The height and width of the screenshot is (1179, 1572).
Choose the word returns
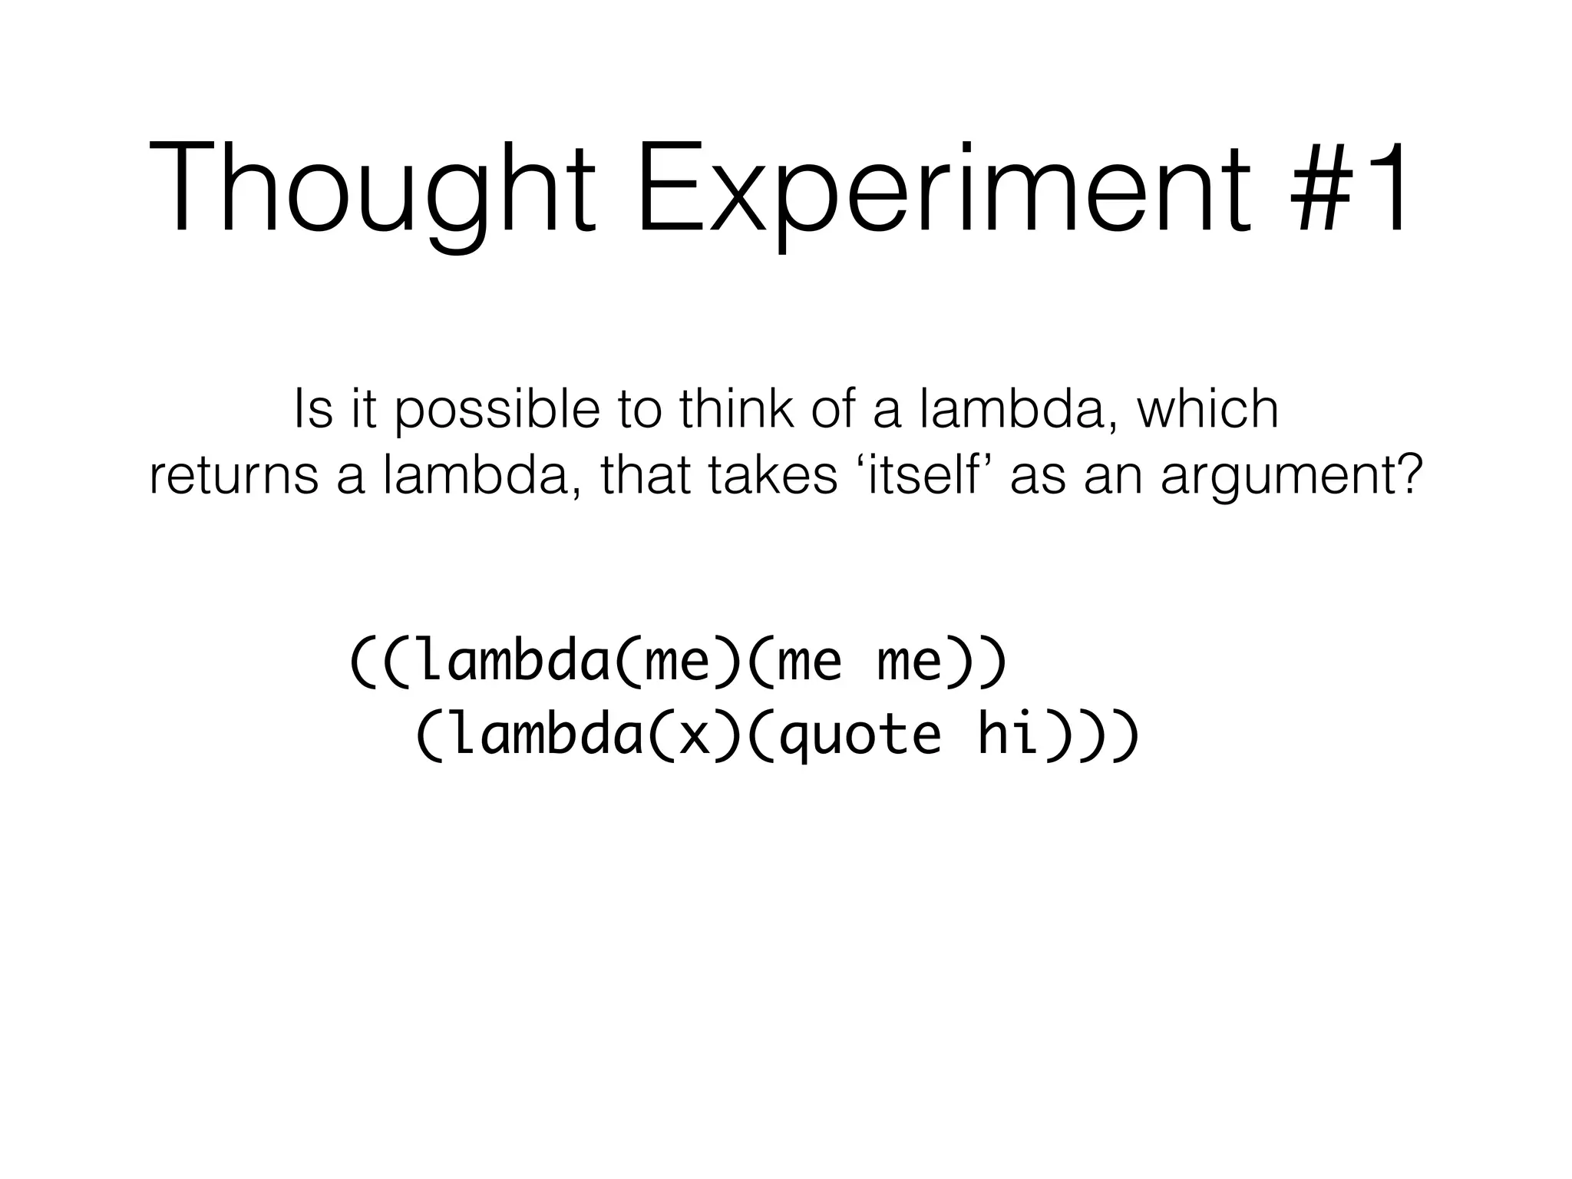click(x=233, y=476)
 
